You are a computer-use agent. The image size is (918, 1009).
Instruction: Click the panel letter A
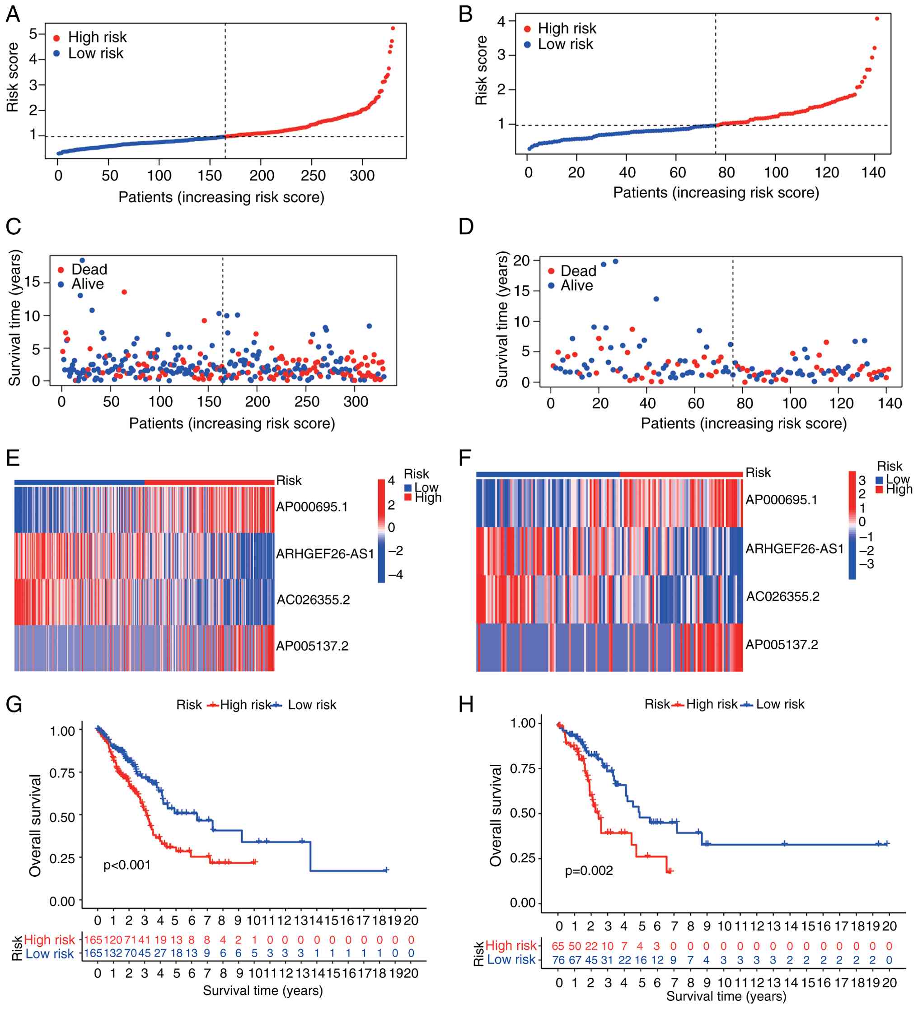(x=13, y=14)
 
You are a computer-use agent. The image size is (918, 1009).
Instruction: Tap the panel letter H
(x=466, y=705)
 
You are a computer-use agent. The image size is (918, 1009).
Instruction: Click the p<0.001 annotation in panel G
(x=126, y=865)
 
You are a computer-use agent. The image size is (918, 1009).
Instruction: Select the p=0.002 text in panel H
(x=589, y=870)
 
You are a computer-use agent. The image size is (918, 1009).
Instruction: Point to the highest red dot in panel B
(x=876, y=19)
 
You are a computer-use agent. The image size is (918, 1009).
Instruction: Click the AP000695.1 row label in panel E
(x=312, y=507)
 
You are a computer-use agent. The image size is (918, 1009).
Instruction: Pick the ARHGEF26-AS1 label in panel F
(x=794, y=549)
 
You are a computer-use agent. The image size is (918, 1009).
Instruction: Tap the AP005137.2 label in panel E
(x=312, y=646)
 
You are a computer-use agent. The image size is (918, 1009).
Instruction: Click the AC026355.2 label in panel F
(x=783, y=596)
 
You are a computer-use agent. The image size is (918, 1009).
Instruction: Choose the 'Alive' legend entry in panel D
(x=576, y=286)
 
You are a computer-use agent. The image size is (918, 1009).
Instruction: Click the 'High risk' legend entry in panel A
(x=97, y=37)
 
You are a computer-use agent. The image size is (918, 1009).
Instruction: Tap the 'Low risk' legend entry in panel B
(x=565, y=45)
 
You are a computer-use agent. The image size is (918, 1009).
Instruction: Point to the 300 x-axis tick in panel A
(x=362, y=176)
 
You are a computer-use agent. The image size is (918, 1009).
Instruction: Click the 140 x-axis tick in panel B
(x=874, y=172)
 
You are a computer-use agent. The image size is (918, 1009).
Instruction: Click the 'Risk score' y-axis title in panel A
(x=13, y=78)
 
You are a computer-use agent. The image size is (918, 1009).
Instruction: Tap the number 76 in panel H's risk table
(x=558, y=960)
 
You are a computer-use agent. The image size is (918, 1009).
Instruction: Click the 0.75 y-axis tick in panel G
(x=62, y=773)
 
